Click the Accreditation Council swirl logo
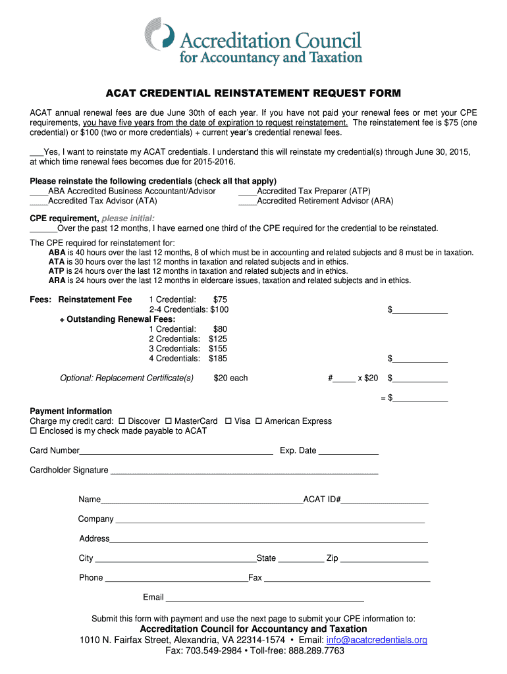pyautogui.click(x=159, y=34)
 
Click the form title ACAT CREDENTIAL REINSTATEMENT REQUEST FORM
pyautogui.click(x=254, y=93)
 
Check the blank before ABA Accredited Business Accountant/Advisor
pyautogui.click(x=39, y=192)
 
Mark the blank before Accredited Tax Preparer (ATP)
pyautogui.click(x=247, y=192)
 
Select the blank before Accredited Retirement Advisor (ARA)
pyautogui.click(x=247, y=201)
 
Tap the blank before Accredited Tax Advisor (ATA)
pyautogui.click(x=39, y=201)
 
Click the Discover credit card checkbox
pyautogui.click(x=122, y=421)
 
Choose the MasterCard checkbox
pyautogui.click(x=168, y=421)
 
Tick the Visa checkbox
pyautogui.click(x=228, y=421)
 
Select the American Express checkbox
pyautogui.click(x=259, y=421)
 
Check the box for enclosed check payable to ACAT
pyautogui.click(x=34, y=431)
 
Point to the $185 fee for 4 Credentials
pyautogui.click(x=218, y=359)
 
